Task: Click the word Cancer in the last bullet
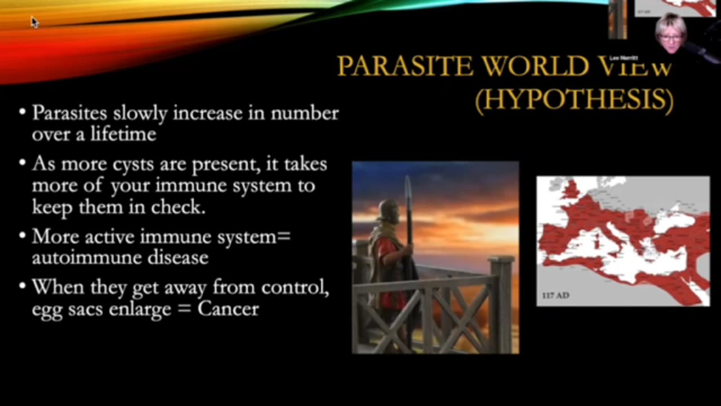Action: [228, 308]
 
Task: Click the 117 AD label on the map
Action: [555, 295]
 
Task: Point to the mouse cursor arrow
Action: [34, 22]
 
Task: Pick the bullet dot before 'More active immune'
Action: [23, 237]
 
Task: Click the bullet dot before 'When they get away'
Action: [23, 288]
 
